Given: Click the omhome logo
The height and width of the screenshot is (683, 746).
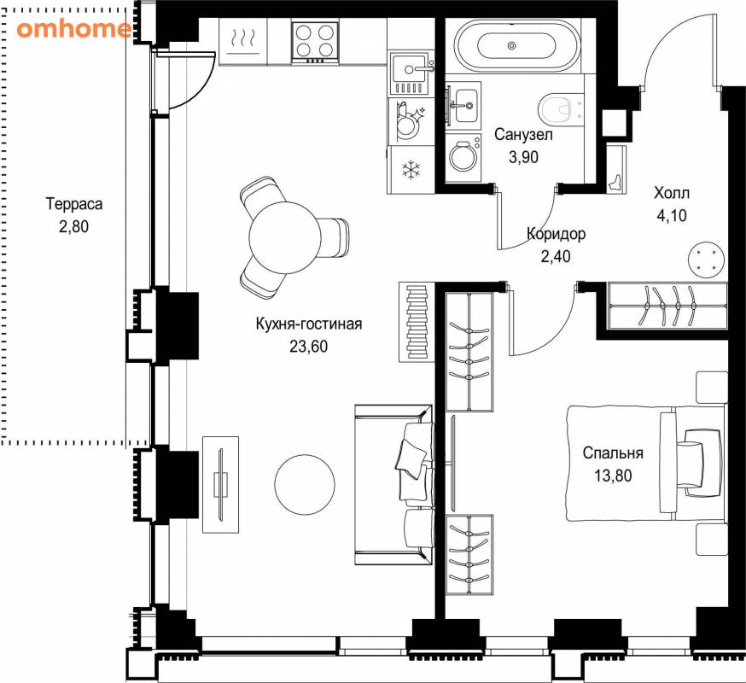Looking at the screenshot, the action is [73, 29].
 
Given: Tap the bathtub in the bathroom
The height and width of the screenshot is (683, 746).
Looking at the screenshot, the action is [516, 46].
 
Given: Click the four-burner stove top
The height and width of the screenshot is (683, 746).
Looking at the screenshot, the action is [315, 43].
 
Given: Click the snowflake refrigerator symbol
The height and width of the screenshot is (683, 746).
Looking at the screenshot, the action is [411, 170].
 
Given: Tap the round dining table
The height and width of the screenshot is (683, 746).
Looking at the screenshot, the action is [285, 237].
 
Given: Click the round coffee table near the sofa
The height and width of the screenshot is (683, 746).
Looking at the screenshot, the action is [305, 484].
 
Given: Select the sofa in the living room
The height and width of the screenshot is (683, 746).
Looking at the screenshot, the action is [394, 485].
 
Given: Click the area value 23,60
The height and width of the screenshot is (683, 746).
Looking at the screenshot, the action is [309, 346].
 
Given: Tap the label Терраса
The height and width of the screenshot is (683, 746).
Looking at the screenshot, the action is [74, 204].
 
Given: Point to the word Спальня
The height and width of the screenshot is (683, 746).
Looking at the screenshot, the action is [613, 452].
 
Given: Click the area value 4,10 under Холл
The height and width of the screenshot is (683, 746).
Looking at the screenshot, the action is [672, 216].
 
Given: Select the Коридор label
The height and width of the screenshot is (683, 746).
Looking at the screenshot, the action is [557, 234].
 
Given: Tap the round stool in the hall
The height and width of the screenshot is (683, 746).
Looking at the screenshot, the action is [707, 260].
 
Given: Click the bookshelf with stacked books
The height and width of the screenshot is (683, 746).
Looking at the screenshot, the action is [417, 322].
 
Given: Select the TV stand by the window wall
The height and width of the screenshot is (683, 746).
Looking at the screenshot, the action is [221, 485].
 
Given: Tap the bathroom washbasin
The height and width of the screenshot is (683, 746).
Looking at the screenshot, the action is [464, 105].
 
